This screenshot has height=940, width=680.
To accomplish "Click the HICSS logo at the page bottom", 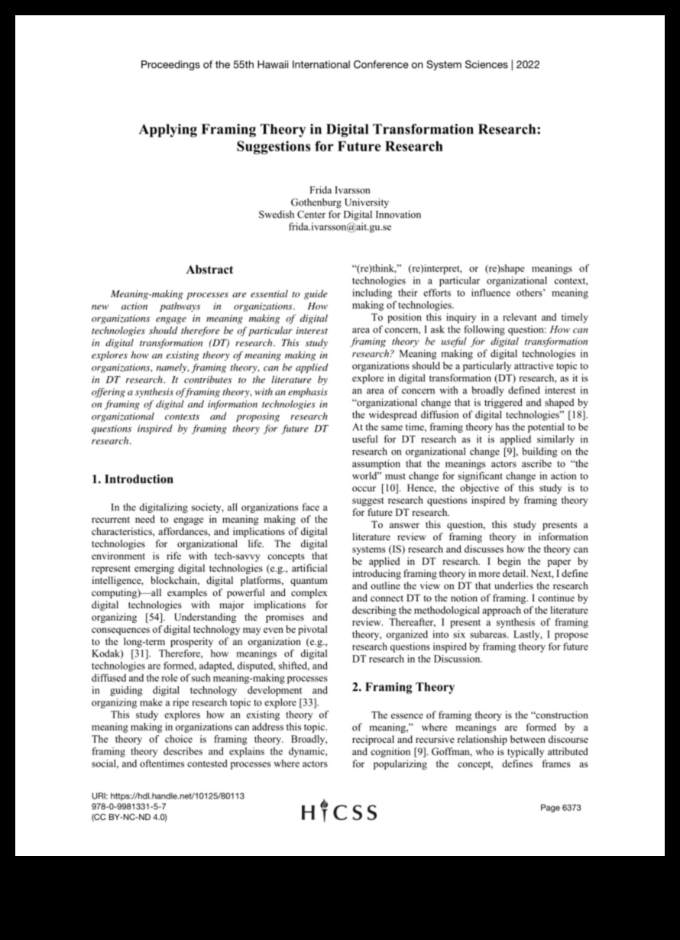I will click(339, 811).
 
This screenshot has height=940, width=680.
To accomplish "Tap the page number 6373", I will click(561, 807).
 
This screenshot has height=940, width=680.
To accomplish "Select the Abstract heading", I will click(209, 270).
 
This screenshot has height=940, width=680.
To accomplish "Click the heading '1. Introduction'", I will click(132, 479).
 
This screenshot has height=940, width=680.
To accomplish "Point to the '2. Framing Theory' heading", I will click(403, 687).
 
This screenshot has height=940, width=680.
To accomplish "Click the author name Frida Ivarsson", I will click(339, 190).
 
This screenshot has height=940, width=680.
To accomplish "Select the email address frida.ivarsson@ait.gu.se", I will click(339, 227).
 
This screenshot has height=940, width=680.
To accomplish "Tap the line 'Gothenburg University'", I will click(339, 202).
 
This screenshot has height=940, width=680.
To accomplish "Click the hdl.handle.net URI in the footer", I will click(167, 796).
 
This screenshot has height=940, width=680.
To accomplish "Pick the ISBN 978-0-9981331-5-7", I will click(128, 806).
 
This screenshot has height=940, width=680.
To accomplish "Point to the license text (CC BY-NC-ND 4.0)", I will click(129, 817).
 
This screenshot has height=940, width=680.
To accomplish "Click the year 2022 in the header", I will click(527, 65).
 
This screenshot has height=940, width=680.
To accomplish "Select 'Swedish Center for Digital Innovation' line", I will click(339, 215).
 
